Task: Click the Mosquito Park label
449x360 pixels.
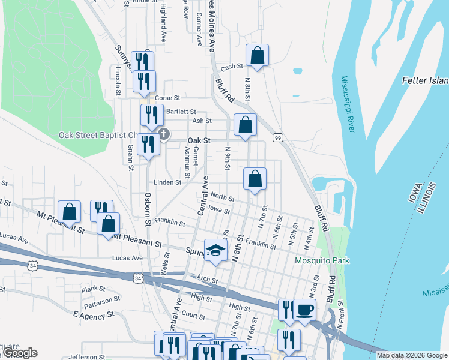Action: pyautogui.click(x=322, y=260)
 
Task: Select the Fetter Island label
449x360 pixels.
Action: pyautogui.click(x=424, y=80)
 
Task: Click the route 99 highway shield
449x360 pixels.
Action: pyautogui.click(x=278, y=137)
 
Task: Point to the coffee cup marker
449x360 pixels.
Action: pyautogui.click(x=304, y=310)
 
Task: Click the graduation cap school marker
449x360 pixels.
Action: pyautogui.click(x=214, y=250)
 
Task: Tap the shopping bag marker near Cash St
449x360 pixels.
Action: pyautogui.click(x=257, y=55)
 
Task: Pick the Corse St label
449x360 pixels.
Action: pyautogui.click(x=167, y=98)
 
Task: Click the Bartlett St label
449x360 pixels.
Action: pyautogui.click(x=181, y=112)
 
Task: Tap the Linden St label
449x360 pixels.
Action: pyautogui.click(x=167, y=182)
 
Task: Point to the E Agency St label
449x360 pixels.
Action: pyautogui.click(x=93, y=314)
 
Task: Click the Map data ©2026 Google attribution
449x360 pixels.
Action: pyautogui.click(x=412, y=355)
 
